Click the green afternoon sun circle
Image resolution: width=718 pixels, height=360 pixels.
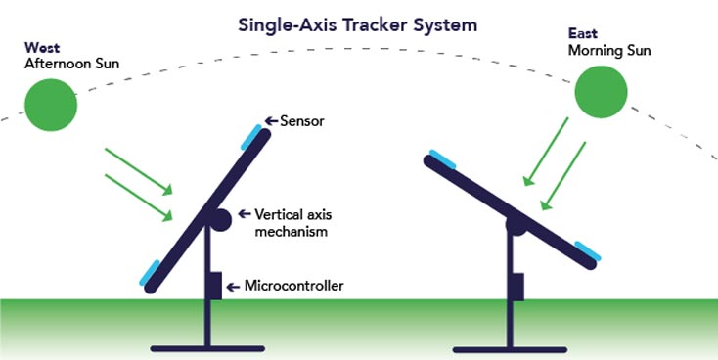pos(50,105)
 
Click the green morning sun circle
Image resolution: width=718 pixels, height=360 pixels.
pos(600,93)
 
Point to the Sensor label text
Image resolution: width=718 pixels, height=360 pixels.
pos(302,121)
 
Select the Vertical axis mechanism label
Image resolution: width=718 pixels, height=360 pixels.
pos(291,222)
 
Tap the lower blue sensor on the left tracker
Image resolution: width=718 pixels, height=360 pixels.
pos(152,273)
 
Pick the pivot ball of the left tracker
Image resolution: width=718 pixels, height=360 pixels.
pos(221,219)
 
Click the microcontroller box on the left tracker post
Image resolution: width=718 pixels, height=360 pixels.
pos(213,286)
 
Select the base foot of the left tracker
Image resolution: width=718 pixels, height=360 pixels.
pos(207,347)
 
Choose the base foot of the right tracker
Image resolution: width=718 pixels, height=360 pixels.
pos(510,347)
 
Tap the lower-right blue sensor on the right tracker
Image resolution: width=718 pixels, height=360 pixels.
pos(588,252)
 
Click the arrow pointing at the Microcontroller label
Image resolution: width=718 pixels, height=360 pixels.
pos(233,287)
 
